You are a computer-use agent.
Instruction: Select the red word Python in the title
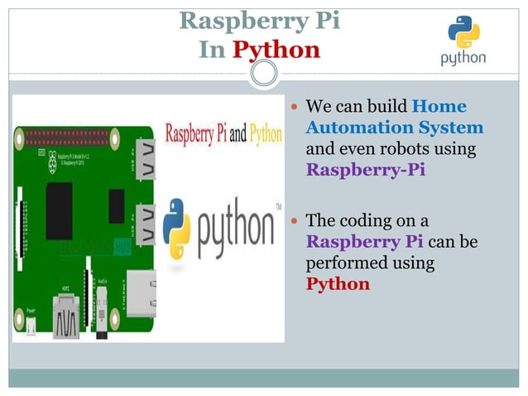coord(276,50)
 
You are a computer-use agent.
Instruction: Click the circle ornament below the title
coord(264,75)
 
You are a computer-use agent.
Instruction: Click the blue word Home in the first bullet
coord(439,106)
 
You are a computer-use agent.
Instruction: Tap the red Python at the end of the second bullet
coord(338,284)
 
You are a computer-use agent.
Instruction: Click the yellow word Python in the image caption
coord(266,133)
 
